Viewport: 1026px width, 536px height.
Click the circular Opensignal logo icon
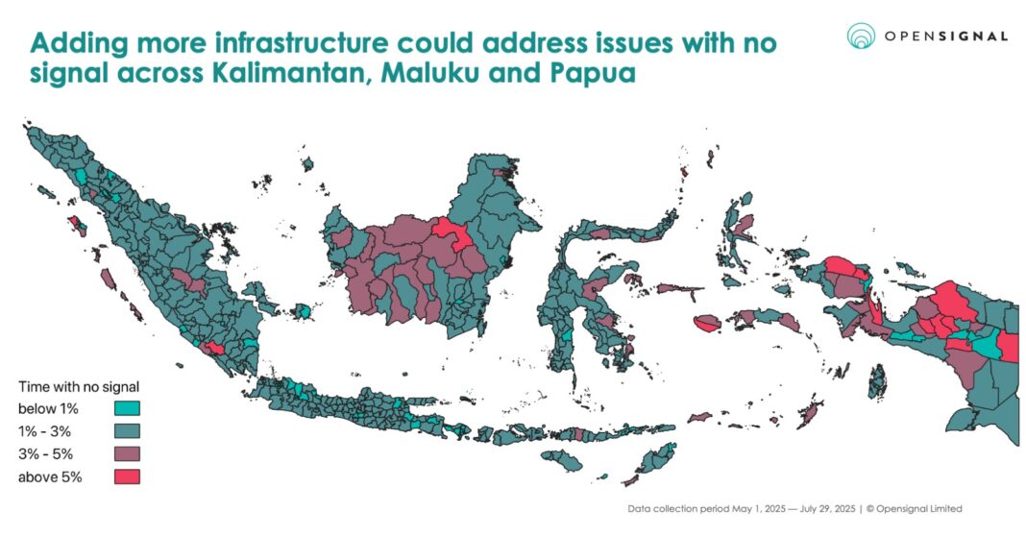coord(861,36)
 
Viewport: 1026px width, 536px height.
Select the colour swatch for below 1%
coord(128,408)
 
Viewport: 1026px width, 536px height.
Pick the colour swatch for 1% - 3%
coord(128,430)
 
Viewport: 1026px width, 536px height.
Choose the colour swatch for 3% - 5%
coord(128,452)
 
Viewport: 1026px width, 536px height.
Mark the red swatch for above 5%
coord(128,475)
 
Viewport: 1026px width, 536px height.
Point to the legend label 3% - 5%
coord(44,452)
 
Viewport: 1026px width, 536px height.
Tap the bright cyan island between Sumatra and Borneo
coord(305,311)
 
